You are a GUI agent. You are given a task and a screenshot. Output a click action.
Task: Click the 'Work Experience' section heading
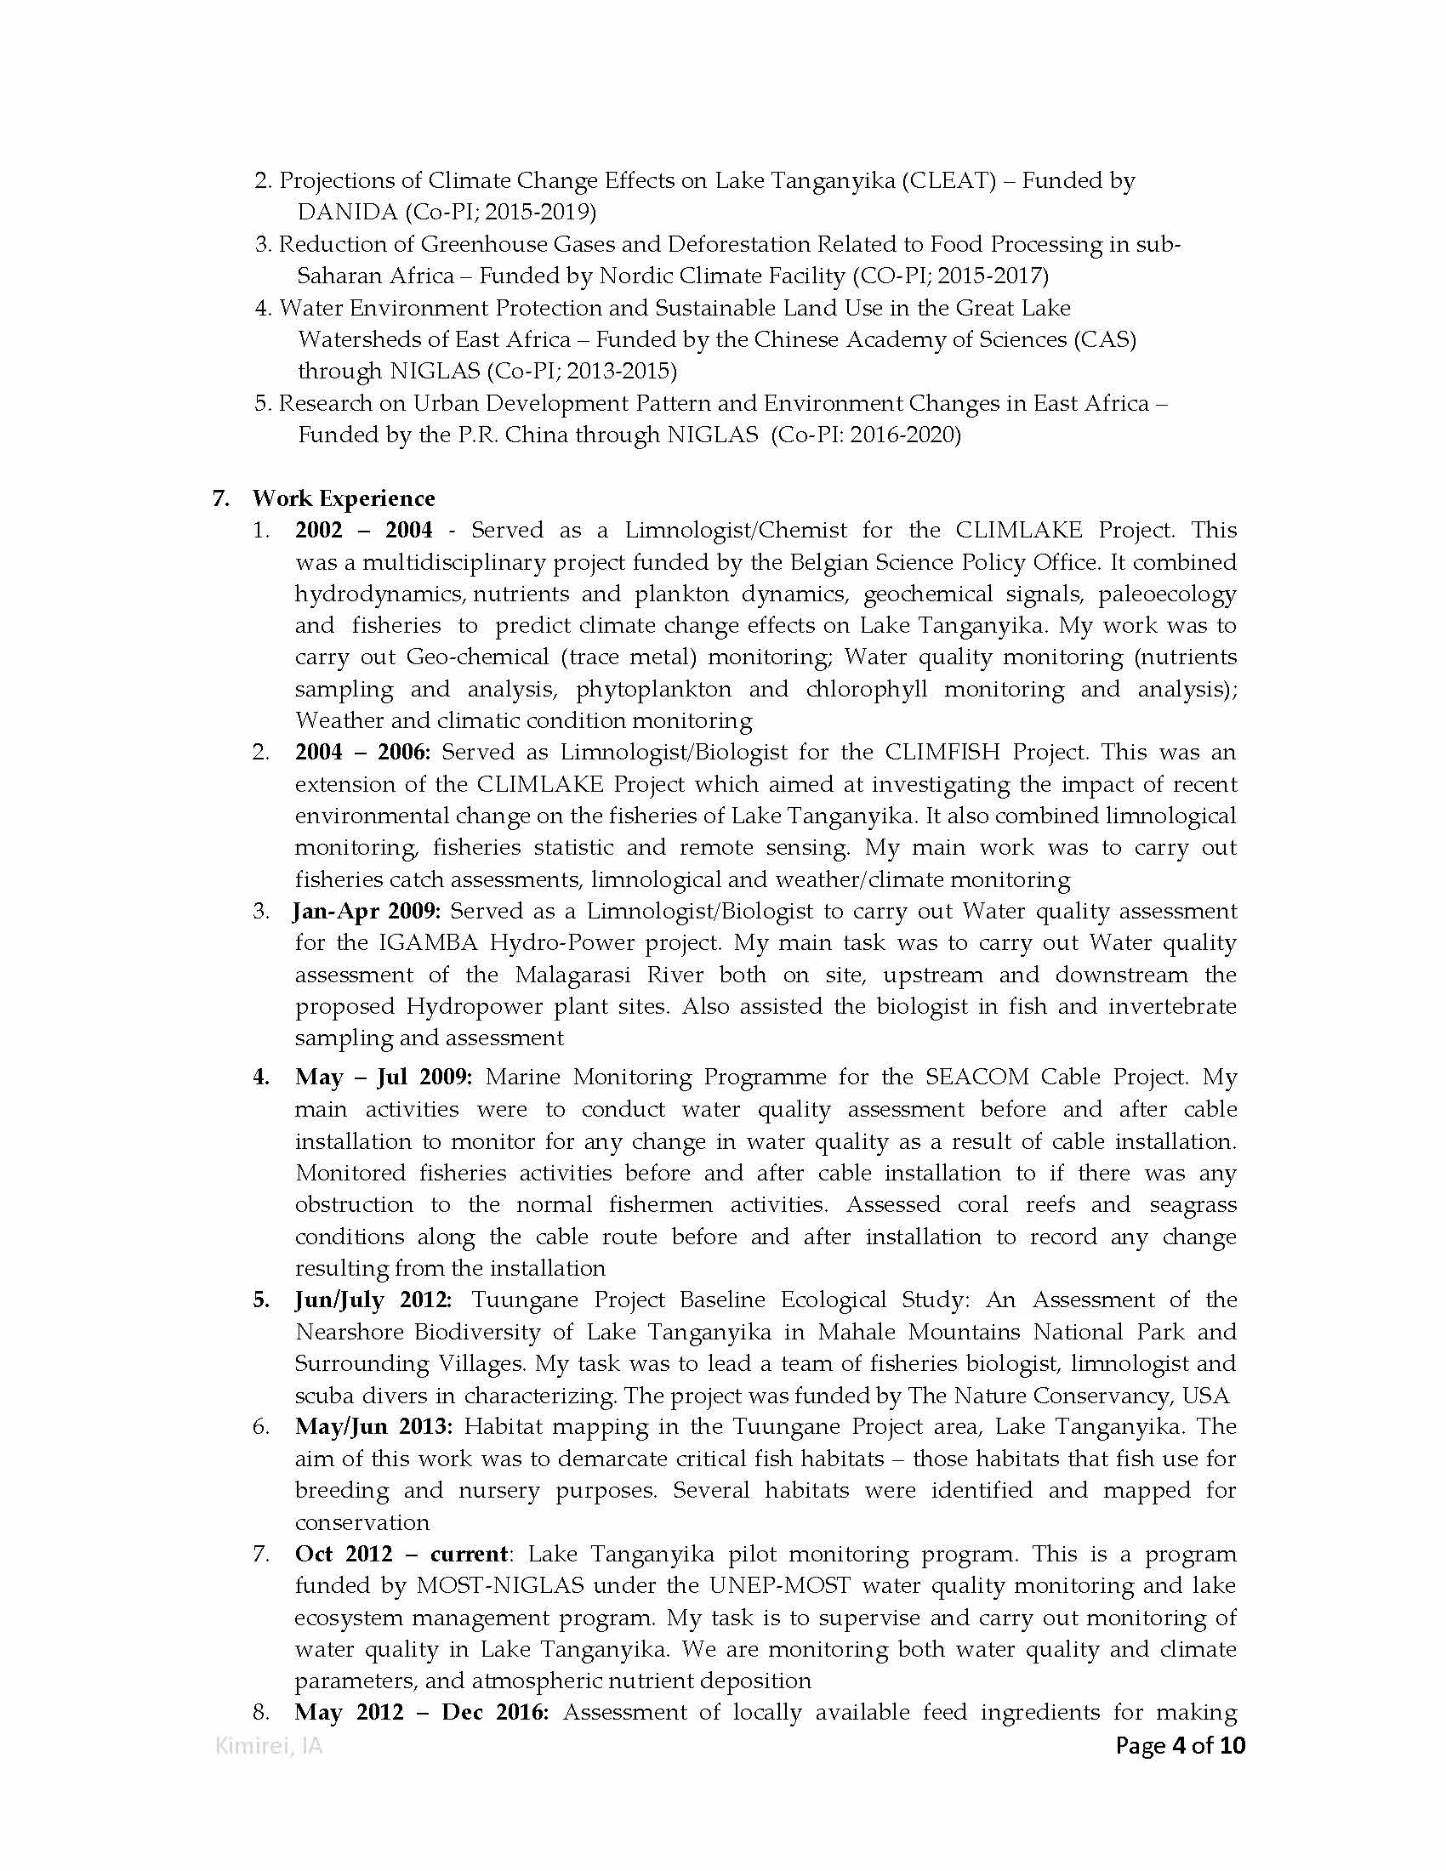click(x=343, y=498)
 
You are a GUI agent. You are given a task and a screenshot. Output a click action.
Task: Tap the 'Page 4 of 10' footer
click(x=1180, y=1745)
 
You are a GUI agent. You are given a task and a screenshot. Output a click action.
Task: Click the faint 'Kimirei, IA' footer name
click(x=268, y=1746)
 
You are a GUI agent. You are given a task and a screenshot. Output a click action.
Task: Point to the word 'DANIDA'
click(x=347, y=212)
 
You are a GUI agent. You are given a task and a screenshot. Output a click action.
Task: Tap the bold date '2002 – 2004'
click(x=364, y=531)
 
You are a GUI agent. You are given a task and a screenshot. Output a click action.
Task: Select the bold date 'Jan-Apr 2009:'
click(x=367, y=911)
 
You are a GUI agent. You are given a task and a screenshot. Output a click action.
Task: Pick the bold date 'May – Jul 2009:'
click(x=383, y=1077)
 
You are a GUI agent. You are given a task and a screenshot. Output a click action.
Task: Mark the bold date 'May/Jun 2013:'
click(x=373, y=1426)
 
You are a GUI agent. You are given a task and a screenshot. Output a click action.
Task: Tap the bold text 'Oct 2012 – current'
click(x=401, y=1554)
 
